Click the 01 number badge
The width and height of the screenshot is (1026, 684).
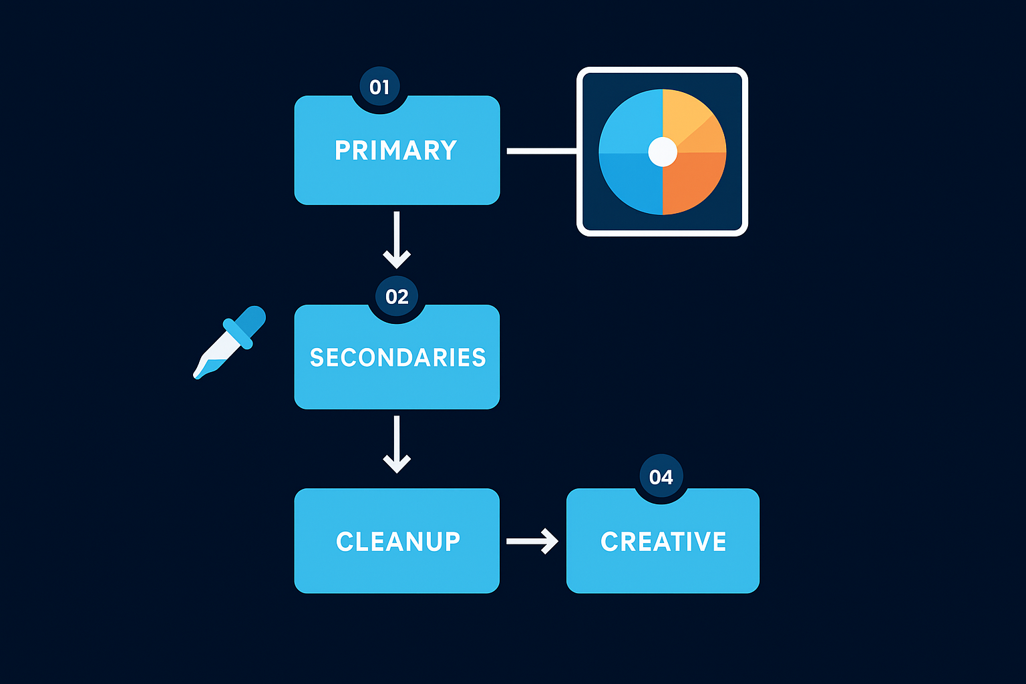click(x=379, y=87)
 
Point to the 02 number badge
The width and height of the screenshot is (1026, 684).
click(x=397, y=296)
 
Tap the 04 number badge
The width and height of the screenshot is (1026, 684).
click(x=661, y=477)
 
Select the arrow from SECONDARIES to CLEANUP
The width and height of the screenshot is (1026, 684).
click(x=397, y=444)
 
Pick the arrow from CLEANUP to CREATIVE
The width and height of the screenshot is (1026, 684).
click(x=532, y=541)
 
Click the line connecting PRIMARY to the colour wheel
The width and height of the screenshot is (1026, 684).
click(x=541, y=152)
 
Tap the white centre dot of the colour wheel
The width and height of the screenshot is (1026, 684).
click(x=663, y=152)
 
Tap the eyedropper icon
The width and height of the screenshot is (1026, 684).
click(x=229, y=342)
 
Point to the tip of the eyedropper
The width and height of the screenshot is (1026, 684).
click(x=198, y=375)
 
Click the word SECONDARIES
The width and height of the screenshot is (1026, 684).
click(x=397, y=358)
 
